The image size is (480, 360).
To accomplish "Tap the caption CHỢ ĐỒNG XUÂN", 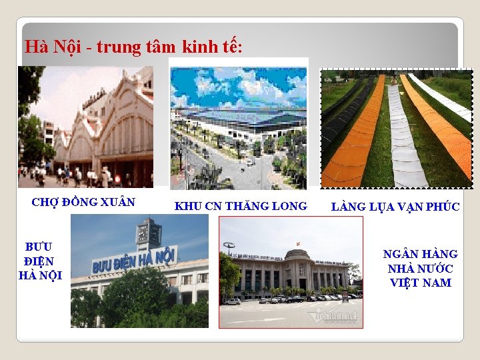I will pyautogui.click(x=83, y=202).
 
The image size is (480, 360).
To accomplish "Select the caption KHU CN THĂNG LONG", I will pyautogui.click(x=241, y=206).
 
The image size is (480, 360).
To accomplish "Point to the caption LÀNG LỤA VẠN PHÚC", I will pyautogui.click(x=395, y=207).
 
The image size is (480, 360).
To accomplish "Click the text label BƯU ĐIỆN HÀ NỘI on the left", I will pyautogui.click(x=40, y=261).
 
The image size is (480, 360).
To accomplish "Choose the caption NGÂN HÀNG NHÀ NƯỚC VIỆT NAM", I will pyautogui.click(x=420, y=268).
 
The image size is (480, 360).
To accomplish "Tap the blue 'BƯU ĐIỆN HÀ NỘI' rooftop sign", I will pyautogui.click(x=133, y=260).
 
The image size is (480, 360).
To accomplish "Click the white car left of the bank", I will pyautogui.click(x=233, y=301).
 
